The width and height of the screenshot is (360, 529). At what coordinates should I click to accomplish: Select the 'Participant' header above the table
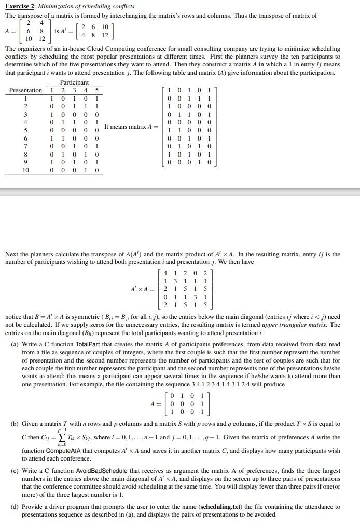[74, 82]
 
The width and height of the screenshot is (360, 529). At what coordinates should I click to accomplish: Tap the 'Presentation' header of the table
[26, 90]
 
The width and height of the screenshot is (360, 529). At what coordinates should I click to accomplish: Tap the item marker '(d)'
[15, 507]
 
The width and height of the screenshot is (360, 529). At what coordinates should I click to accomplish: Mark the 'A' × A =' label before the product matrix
[143, 289]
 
